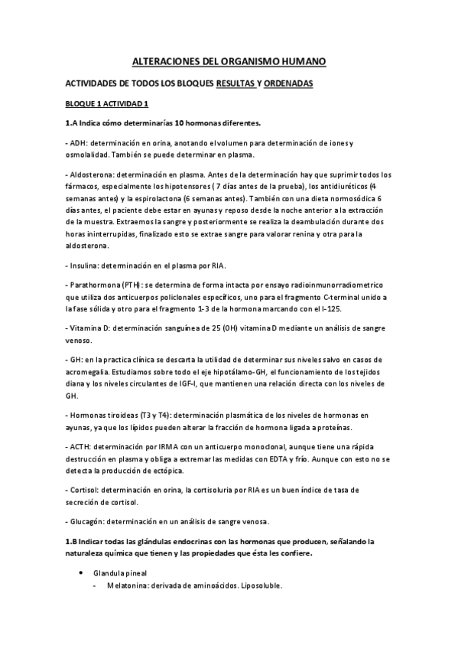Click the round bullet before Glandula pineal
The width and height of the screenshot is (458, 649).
(80, 572)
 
